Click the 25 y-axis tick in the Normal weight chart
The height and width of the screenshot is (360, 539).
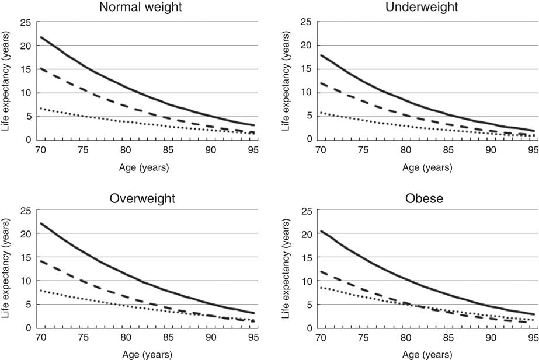[25, 23]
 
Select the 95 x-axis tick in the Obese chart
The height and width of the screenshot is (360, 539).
[532, 338]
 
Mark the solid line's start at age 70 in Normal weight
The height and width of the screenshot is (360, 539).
[40, 37]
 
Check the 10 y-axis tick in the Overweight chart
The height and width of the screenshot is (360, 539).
[25, 281]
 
